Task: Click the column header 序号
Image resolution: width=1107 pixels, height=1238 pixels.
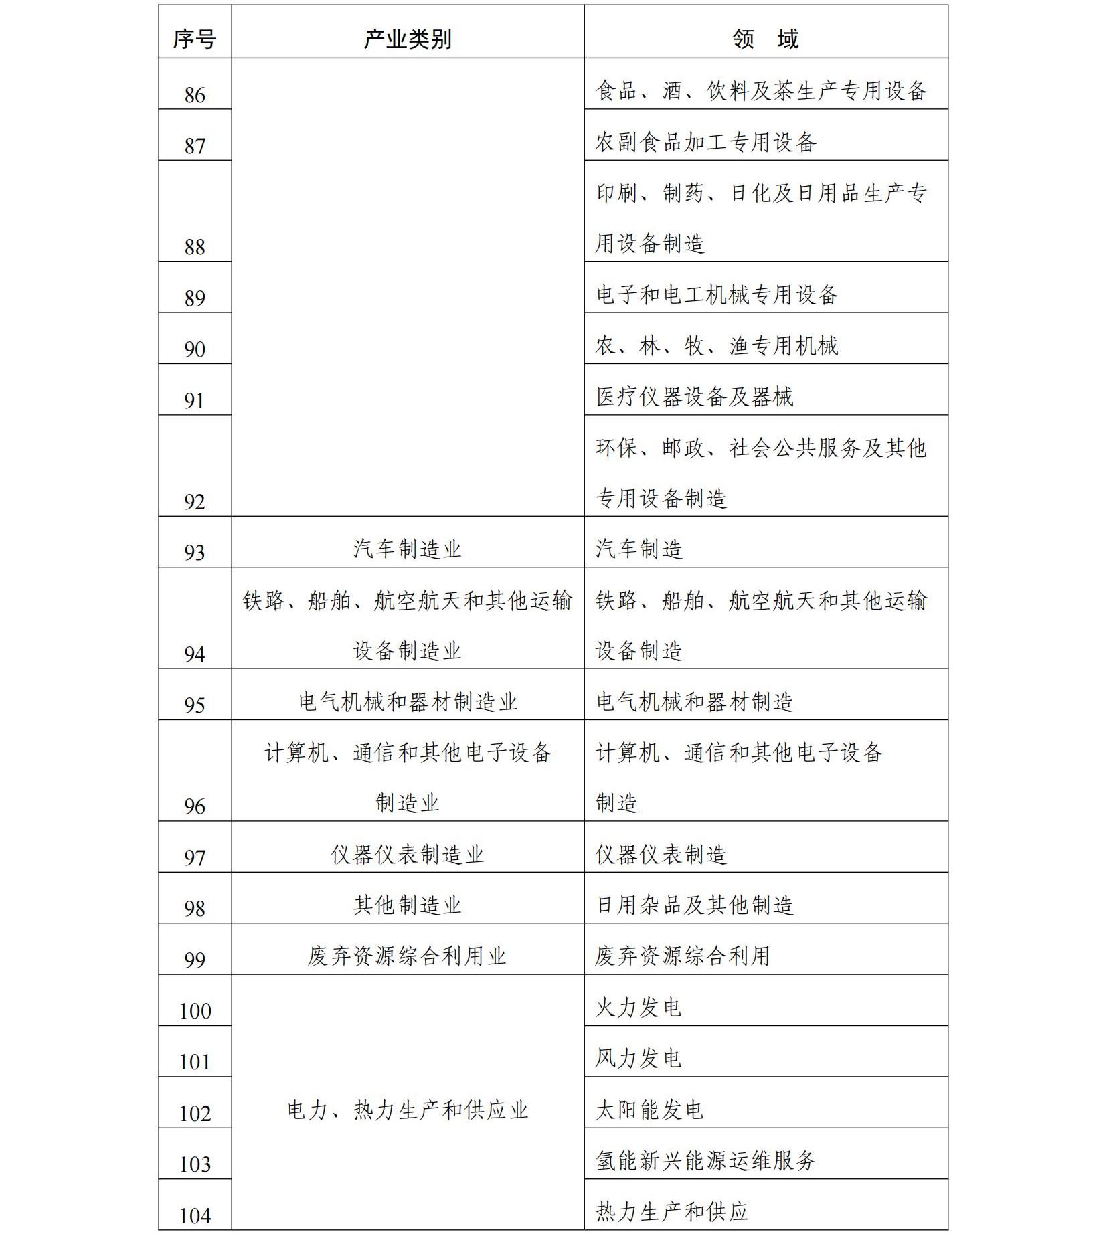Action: (194, 39)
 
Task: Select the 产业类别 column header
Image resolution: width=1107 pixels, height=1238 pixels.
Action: (407, 39)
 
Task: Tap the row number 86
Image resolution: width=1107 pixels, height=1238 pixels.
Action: (194, 95)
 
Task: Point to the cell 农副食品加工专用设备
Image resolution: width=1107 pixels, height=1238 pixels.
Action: (705, 142)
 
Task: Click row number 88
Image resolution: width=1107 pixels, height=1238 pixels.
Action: (194, 247)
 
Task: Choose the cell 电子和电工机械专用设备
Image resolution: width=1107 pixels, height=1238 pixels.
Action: (717, 294)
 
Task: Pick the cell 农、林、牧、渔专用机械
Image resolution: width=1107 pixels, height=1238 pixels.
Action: (717, 346)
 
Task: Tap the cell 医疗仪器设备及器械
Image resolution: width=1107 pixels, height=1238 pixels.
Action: (695, 397)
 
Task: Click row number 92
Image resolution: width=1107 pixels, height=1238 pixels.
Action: (194, 502)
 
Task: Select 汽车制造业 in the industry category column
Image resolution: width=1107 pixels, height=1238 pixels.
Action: (407, 549)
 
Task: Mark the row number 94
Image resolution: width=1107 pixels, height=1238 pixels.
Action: (194, 654)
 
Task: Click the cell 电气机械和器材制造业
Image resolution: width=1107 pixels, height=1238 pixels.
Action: (407, 702)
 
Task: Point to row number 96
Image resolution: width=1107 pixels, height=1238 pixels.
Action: (194, 806)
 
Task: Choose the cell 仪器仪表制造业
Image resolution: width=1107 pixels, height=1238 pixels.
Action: (407, 855)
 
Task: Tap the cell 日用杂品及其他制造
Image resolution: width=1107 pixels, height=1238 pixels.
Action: (695, 905)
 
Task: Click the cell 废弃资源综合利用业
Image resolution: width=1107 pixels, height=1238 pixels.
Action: (407, 956)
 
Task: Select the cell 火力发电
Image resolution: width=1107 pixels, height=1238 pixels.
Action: (638, 1007)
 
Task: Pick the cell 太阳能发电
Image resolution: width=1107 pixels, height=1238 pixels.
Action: (649, 1110)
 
